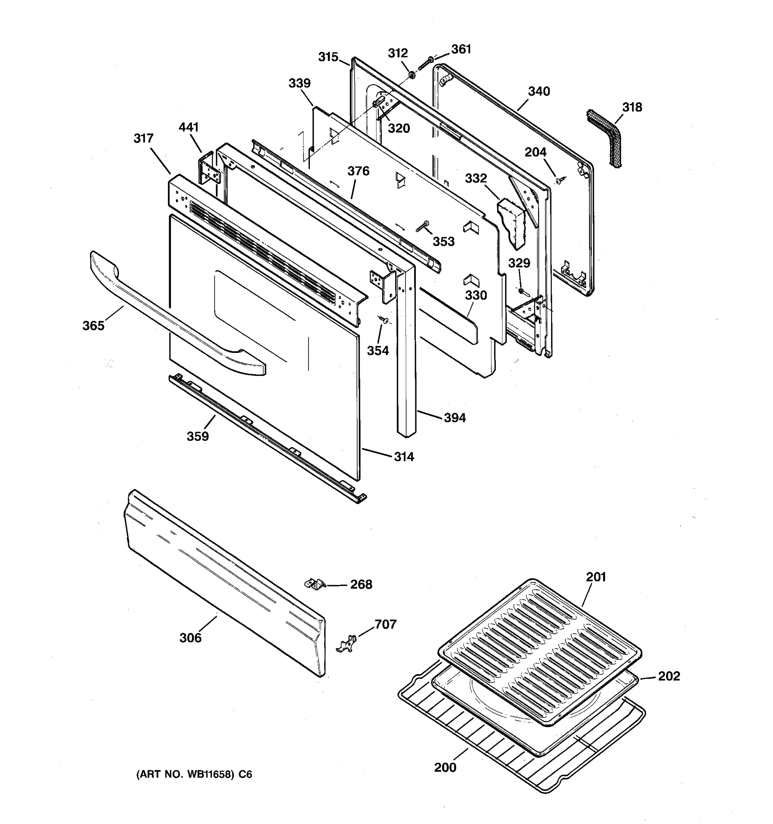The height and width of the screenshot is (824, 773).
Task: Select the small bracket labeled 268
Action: pos(315,584)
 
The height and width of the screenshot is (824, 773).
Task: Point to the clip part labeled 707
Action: pos(347,644)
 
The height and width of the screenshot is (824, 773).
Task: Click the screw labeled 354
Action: pos(384,319)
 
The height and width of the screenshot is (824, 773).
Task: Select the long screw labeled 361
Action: pos(425,64)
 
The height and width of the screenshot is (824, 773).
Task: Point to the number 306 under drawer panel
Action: pos(190,638)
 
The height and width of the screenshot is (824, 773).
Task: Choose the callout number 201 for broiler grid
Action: pos(596,577)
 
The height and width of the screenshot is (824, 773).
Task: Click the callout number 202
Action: pos(669,676)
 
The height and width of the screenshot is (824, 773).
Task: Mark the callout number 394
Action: pos(455,418)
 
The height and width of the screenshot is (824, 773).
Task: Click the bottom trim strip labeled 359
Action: pos(266,439)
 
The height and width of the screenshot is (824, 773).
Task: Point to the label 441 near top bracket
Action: pos(189,127)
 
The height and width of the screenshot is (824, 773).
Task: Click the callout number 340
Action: pos(539,91)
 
